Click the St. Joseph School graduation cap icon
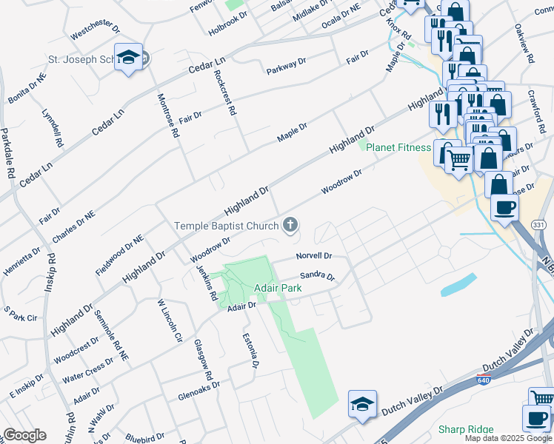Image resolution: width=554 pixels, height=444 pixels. point(129,58)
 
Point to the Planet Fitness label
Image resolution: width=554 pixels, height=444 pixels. point(398,147)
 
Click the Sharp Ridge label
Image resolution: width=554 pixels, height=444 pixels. point(467,429)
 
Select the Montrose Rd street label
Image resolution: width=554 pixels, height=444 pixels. point(167,116)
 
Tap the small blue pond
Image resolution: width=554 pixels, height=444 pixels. point(458,285)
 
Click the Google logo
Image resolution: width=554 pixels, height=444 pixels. point(24,434)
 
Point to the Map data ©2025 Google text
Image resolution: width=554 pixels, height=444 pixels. point(507,438)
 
